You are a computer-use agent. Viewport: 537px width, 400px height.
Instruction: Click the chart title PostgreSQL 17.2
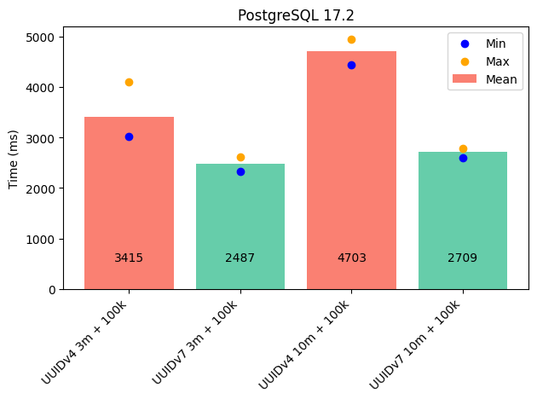[295, 14]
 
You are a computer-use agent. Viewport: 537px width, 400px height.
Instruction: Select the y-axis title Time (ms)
[14, 158]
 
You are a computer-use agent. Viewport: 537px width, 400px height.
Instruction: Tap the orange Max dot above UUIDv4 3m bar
[129, 82]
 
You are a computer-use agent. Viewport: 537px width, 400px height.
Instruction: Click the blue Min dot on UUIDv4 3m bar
[129, 136]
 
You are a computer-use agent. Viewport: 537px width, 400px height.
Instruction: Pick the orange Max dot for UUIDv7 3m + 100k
[240, 157]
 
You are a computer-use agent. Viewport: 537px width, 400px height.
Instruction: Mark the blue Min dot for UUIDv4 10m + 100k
[351, 65]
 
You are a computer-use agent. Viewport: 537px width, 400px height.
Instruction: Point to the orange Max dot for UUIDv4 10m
[351, 39]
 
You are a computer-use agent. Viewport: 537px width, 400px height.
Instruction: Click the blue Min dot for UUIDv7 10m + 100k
[463, 158]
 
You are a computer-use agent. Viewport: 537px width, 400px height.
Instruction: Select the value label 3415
[129, 258]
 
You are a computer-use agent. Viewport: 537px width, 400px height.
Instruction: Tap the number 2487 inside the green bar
[240, 258]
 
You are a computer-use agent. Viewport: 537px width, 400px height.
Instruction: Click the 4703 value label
[351, 258]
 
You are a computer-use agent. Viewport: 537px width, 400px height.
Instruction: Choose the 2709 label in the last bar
[463, 258]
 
